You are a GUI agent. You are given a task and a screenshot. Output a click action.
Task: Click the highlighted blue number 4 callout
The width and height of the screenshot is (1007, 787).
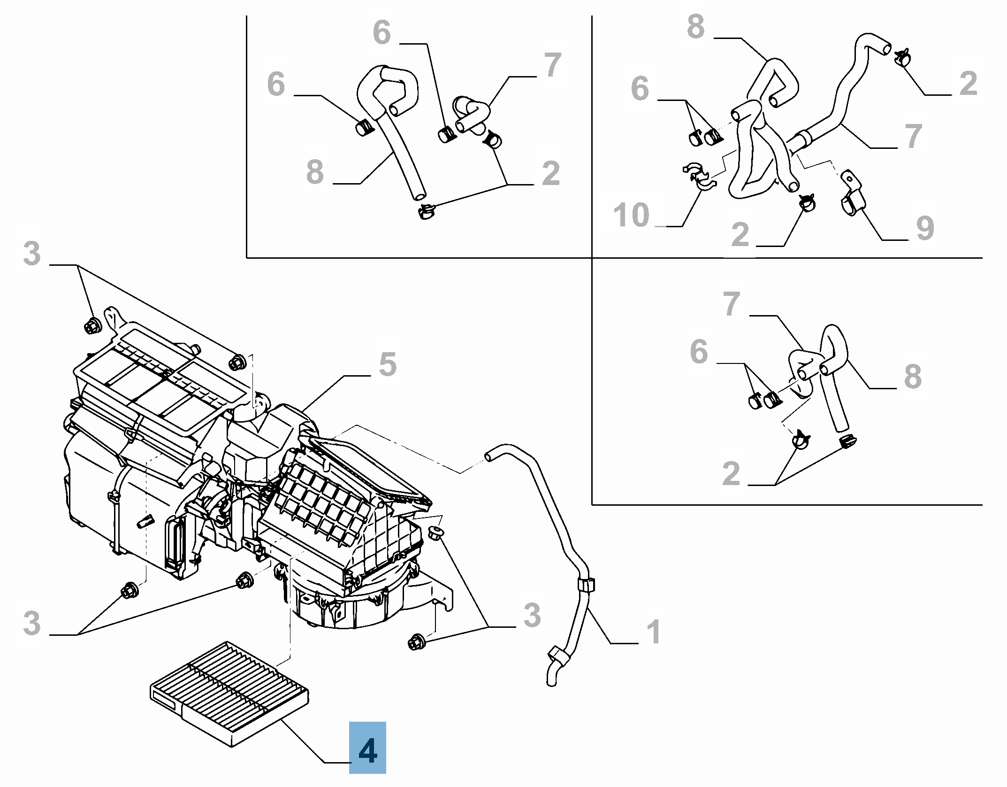[367, 751]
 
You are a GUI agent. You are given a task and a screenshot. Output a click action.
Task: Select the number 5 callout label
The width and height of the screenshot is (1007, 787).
[388, 364]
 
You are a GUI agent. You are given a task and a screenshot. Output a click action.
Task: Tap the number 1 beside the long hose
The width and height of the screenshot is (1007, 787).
[654, 633]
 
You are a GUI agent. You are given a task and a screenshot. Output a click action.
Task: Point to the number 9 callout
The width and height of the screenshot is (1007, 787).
[924, 229]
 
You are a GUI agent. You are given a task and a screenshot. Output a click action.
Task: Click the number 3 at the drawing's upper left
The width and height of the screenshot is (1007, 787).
[32, 254]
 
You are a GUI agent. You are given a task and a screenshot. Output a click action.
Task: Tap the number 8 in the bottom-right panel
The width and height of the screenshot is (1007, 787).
[913, 376]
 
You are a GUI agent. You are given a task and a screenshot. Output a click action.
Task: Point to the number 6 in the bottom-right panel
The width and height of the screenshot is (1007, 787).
[698, 352]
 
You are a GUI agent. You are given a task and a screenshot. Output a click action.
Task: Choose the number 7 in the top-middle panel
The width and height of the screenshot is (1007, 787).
[553, 65]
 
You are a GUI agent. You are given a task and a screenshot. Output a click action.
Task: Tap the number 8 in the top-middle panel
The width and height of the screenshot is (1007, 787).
[315, 171]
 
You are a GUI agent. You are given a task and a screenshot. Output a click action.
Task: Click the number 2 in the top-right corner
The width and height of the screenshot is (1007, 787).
[969, 83]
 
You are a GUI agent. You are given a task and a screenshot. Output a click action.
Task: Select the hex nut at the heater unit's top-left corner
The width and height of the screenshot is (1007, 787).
[92, 325]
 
